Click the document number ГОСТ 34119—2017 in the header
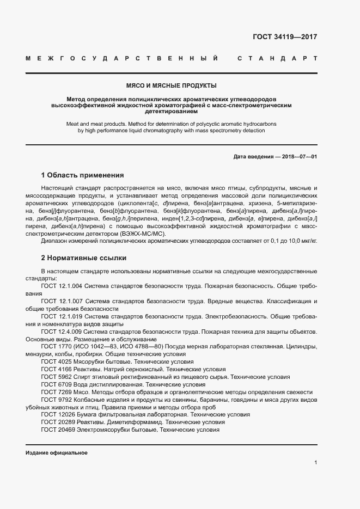[285, 38]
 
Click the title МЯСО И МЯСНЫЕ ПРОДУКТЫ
[171, 85]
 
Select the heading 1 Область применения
[83, 175]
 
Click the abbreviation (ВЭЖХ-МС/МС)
[136, 233]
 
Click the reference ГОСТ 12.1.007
[62, 301]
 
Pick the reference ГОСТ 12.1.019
[62, 316]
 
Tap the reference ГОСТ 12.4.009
[62, 332]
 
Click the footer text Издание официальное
[57, 453]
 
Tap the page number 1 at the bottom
[315, 462]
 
